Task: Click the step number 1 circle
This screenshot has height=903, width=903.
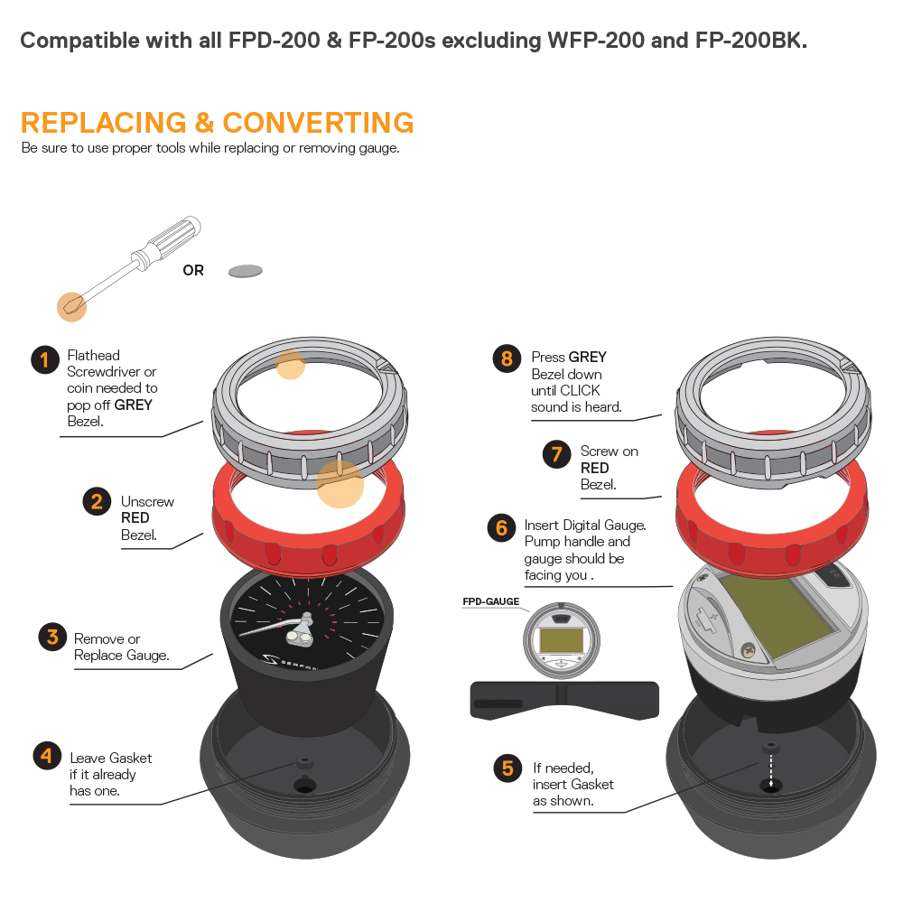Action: (x=45, y=360)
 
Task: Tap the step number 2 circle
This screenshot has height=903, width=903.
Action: (x=97, y=501)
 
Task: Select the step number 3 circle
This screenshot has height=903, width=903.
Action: (x=52, y=637)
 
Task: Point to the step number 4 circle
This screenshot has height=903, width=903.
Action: (x=47, y=755)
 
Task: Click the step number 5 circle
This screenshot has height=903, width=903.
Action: (x=507, y=768)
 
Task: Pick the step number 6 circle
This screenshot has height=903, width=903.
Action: (x=501, y=527)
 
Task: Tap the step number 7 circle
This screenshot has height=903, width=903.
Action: (x=557, y=454)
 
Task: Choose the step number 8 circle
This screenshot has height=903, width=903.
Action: (x=507, y=358)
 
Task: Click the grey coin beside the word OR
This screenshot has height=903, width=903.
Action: (x=246, y=271)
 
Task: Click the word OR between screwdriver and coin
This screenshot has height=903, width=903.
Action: (x=193, y=270)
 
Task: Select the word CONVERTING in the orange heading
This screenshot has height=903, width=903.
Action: (x=318, y=123)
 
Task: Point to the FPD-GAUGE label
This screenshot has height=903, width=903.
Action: (x=490, y=601)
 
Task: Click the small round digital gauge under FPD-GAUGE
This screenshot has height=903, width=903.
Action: (x=562, y=640)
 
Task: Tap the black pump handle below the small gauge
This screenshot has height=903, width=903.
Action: (x=564, y=701)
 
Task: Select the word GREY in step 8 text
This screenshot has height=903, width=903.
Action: (x=588, y=357)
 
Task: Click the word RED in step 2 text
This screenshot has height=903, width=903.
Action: (x=135, y=517)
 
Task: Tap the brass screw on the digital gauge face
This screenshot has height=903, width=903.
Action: (x=748, y=651)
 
